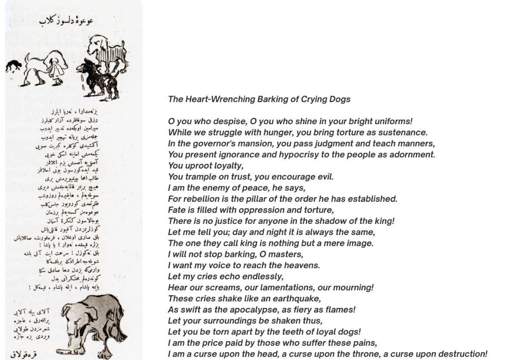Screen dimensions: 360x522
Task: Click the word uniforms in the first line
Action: tap(395, 122)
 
